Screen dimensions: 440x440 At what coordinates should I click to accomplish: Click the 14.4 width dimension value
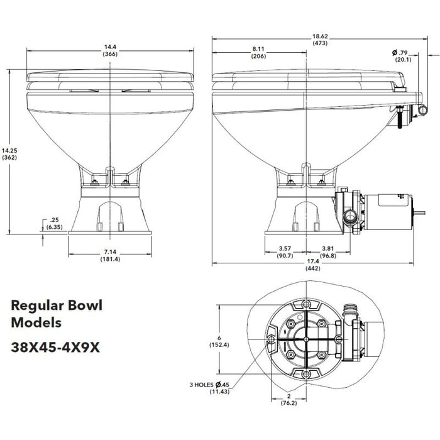(x=110, y=46)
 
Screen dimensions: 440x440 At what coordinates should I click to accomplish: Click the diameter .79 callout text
(x=403, y=52)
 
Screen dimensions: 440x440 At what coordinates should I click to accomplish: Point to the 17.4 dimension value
(x=312, y=261)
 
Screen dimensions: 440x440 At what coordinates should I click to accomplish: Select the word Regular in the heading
(x=37, y=306)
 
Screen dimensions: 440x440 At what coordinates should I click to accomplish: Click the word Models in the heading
(x=36, y=323)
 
